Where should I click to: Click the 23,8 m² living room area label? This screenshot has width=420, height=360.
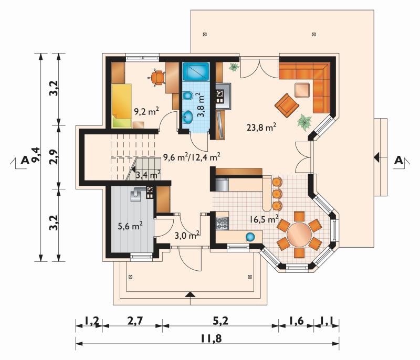261,127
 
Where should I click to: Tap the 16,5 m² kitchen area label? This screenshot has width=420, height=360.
264,219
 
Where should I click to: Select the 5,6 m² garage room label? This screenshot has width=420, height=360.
130,226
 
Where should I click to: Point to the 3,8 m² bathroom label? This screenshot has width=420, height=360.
201,105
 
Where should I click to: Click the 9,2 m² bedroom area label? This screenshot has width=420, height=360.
146,111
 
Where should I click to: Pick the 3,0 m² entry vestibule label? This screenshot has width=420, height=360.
187,235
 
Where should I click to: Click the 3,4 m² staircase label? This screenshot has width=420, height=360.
148,175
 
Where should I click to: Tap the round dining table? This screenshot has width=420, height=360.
299,235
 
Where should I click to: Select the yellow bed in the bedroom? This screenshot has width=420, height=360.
122,106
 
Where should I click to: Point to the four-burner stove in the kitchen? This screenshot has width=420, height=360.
222,224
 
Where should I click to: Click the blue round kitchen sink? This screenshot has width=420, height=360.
250,237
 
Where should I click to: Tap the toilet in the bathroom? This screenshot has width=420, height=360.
188,96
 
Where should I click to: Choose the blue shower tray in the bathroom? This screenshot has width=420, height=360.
196,71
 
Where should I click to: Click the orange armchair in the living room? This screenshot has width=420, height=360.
287,105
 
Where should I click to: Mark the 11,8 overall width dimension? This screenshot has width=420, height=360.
211,339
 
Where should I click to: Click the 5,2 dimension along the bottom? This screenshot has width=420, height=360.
220,321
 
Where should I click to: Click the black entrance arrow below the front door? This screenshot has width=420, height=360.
190,294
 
